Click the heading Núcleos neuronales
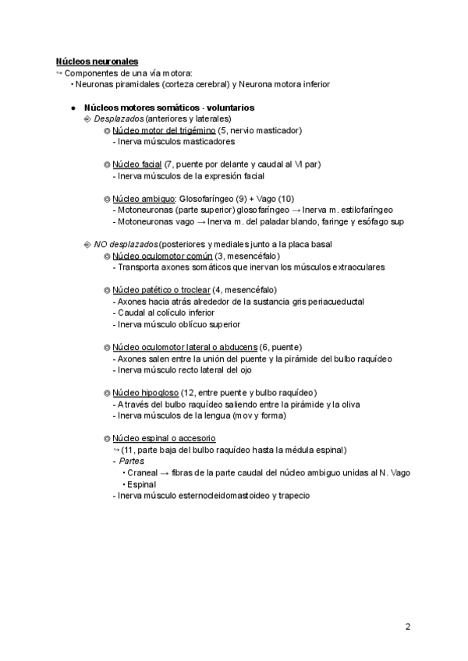pos(97,61)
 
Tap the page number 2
pos(408,626)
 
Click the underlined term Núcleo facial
pos(136,165)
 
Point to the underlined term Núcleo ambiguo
pos(144,199)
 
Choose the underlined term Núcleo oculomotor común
pos(162,256)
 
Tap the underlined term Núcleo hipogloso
pos(146,392)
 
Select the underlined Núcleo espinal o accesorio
pos(164,438)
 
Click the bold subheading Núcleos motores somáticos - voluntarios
pos(168,108)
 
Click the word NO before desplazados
pos(101,245)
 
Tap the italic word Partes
pos(132,461)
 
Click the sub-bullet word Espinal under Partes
pos(141,484)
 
